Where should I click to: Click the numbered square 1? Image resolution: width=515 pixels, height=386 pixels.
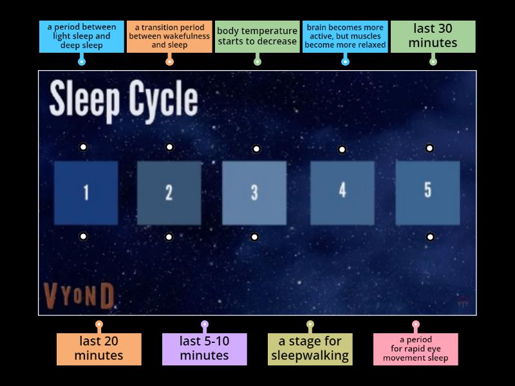(x=86, y=192)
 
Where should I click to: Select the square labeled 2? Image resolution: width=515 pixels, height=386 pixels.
(x=169, y=192)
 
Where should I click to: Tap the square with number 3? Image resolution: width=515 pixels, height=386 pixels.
(x=254, y=192)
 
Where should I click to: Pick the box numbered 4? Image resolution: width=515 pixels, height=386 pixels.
(x=342, y=192)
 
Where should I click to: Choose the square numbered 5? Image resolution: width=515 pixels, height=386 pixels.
(x=427, y=192)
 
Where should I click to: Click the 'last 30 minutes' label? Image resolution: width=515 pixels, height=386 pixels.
(x=433, y=37)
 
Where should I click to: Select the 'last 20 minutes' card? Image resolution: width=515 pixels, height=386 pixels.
(x=99, y=349)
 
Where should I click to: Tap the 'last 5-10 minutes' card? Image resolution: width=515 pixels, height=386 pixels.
(x=204, y=349)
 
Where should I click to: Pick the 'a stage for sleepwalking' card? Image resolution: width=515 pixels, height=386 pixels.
(x=310, y=349)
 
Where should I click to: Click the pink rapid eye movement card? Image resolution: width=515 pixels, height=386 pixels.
(x=415, y=349)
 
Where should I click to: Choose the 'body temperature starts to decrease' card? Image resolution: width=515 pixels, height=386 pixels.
(x=257, y=37)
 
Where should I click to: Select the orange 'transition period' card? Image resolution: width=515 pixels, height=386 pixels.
(x=169, y=37)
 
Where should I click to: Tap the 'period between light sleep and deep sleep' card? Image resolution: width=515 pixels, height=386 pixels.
(x=82, y=37)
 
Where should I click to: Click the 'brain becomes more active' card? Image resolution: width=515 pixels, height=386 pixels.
(x=345, y=37)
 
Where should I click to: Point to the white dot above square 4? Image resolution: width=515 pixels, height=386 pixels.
(x=342, y=150)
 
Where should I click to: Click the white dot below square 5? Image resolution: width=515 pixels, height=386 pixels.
(x=430, y=237)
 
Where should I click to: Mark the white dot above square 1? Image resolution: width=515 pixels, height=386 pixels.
(x=84, y=147)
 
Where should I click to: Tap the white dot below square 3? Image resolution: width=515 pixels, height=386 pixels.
(x=254, y=237)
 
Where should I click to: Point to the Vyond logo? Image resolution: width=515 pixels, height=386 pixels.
(x=79, y=296)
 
